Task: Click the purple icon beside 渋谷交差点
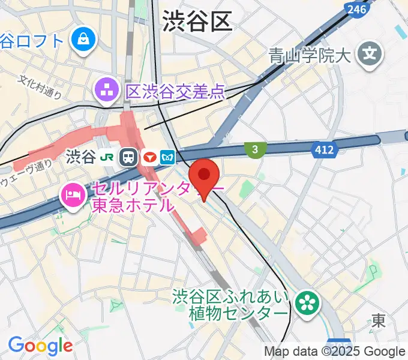tap(106, 92)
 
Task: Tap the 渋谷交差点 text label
tap(175, 92)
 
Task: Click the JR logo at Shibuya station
tap(109, 157)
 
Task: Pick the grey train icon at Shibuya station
tap(128, 157)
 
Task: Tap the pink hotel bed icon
tap(73, 194)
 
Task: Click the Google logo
tap(40, 346)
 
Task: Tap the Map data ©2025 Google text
tap(335, 351)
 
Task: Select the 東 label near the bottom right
tap(378, 321)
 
